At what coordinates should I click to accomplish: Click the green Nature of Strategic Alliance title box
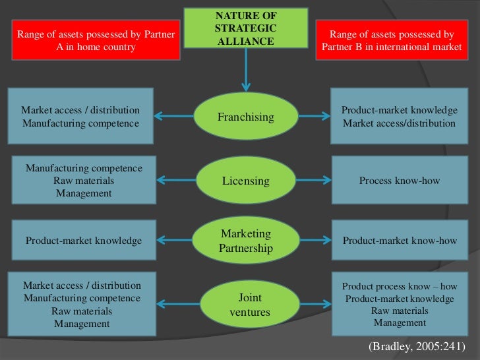point(246,28)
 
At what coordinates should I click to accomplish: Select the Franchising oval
point(245,117)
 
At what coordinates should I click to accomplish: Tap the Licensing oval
point(245,180)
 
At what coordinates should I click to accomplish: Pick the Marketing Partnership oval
point(245,241)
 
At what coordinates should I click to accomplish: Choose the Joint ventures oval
point(245,304)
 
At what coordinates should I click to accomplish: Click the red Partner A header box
point(96,40)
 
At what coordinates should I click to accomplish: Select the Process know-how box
point(399,180)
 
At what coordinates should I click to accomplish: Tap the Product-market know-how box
point(400,241)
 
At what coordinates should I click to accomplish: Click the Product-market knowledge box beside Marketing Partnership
point(84,241)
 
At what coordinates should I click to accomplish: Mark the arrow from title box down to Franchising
point(246,69)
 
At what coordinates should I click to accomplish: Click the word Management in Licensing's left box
point(84,193)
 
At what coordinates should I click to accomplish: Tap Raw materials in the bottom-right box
point(400,311)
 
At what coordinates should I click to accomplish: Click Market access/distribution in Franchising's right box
point(399,123)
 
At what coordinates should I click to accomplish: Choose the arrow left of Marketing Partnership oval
point(175,241)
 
